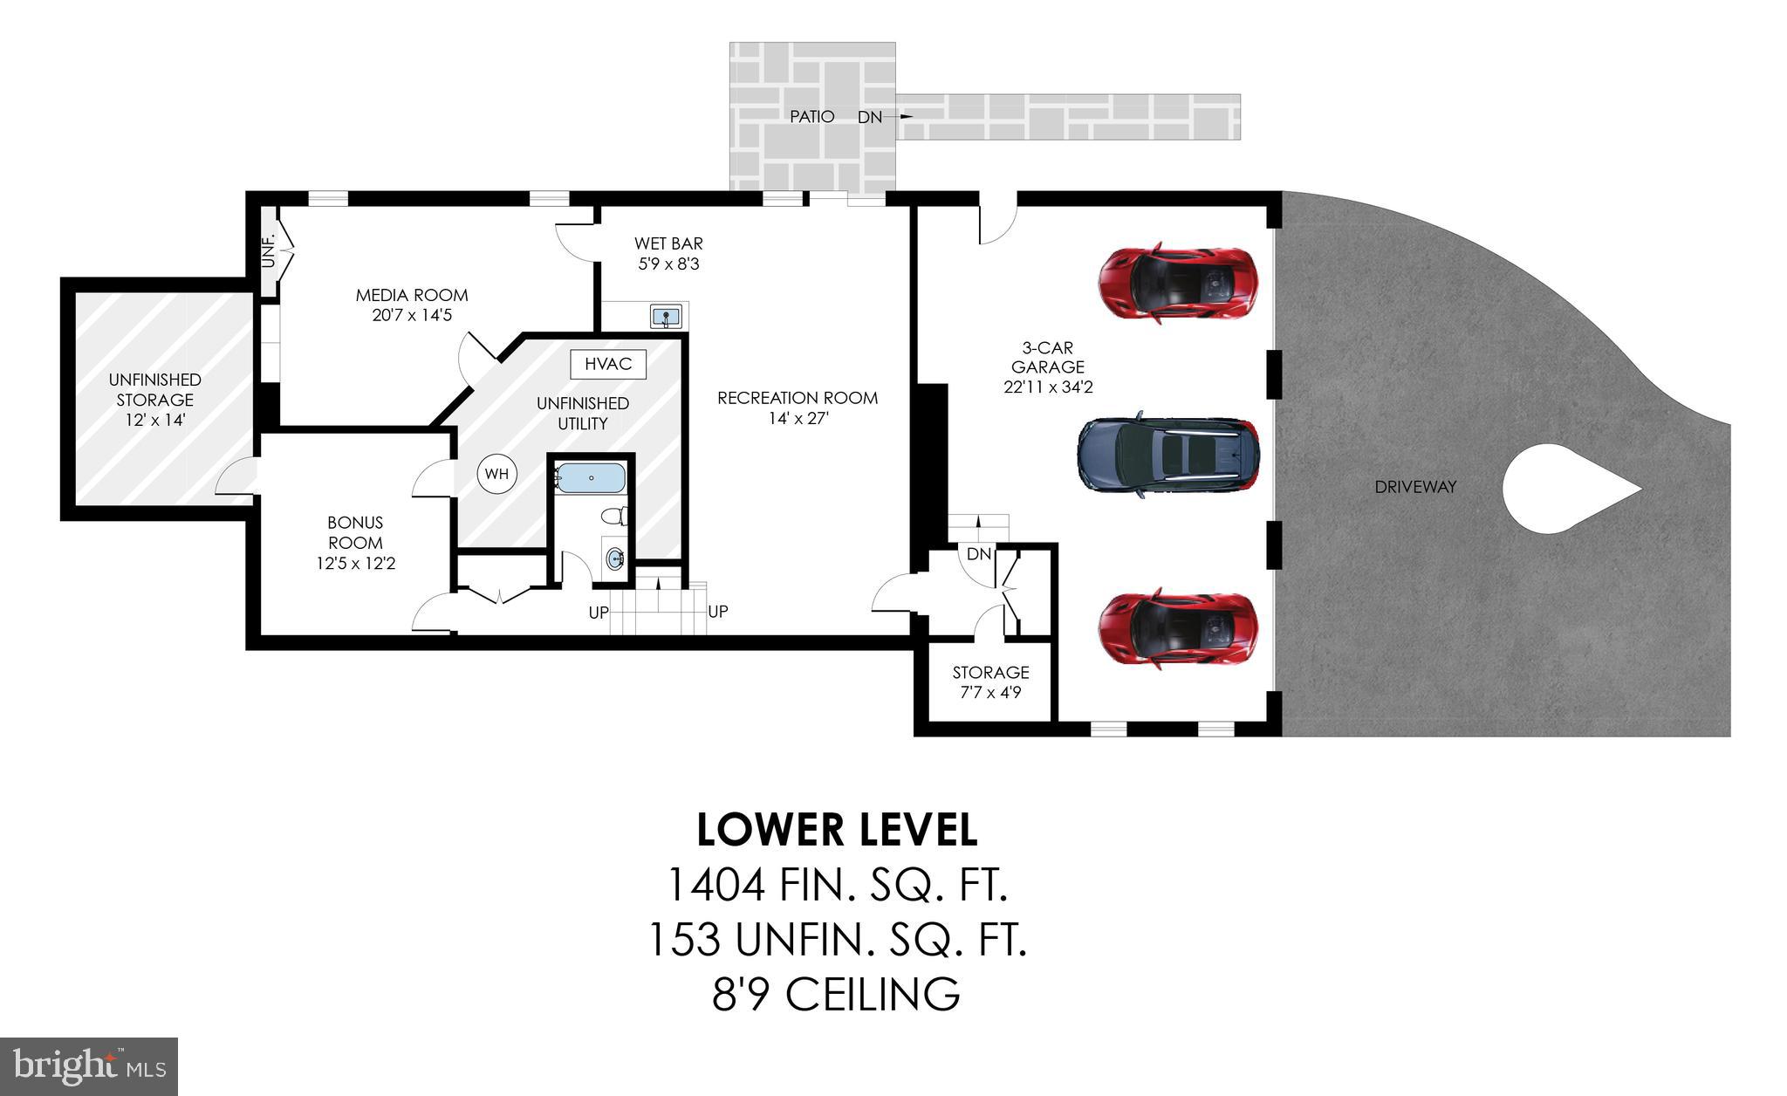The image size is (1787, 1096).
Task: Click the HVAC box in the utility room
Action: pos(608,364)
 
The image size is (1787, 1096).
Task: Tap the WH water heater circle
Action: pos(496,474)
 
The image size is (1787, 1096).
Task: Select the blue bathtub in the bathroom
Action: pos(591,478)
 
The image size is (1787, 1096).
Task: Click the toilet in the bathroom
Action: pos(616,517)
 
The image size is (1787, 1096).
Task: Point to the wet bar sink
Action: pos(667,316)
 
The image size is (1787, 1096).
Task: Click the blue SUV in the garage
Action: pos(1167,453)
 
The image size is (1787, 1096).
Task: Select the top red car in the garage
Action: pos(1177,282)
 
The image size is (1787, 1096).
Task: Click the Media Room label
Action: pos(412,295)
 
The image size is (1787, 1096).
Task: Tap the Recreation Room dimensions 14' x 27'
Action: pos(798,418)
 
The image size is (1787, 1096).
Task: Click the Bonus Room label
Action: pos(355,532)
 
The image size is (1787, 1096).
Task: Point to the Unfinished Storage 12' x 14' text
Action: pos(154,400)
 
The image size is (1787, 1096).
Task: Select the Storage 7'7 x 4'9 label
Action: pos(990,682)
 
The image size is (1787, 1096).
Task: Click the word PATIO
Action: pos(811,116)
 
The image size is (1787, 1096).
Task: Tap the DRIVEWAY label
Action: pos(1415,487)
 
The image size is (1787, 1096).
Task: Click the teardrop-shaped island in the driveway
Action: pos(1558,490)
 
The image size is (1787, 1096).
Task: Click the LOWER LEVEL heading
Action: pos(837,830)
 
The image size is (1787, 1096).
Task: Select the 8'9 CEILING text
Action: pos(836,994)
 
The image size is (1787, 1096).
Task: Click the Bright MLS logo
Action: pos(89,1066)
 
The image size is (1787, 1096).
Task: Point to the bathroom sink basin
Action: pos(615,556)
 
